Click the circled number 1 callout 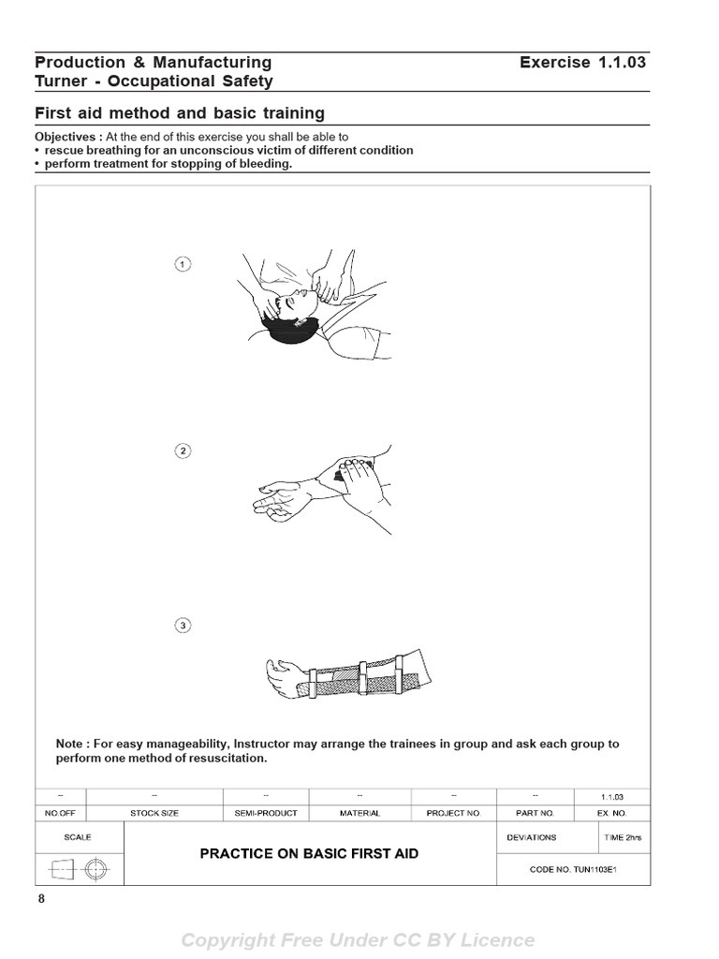pos(183,264)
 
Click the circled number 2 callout pos(183,450)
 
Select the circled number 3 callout pos(183,625)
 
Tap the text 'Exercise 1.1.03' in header pos(582,63)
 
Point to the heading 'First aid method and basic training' pos(180,113)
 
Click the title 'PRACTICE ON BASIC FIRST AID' pos(309,853)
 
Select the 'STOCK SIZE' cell pos(152,813)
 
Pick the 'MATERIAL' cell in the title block pos(359,813)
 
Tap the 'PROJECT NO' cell pos(452,813)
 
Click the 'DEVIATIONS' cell pos(531,837)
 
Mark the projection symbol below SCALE pos(79,869)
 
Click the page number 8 pos(41,899)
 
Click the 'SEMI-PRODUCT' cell pos(266,813)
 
